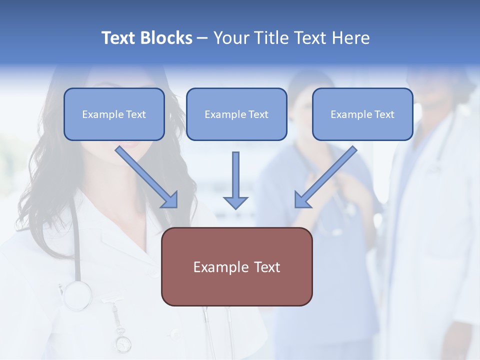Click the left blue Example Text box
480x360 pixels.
(114, 114)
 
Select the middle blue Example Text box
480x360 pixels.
(236, 114)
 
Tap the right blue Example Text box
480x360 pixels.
(362, 114)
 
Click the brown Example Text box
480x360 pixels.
(236, 266)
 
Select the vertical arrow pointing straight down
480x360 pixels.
(235, 180)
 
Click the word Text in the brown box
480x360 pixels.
(266, 267)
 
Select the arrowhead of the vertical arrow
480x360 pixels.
(235, 202)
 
